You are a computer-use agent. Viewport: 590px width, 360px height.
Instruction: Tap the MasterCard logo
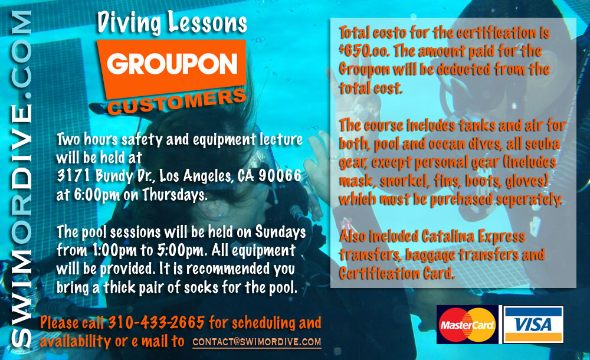coord(467,325)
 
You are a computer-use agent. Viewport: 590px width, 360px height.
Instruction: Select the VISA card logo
coord(533,325)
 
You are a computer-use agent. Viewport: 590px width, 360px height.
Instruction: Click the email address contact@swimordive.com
coord(257,342)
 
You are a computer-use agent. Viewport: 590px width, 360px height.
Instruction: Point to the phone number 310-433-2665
coord(156,322)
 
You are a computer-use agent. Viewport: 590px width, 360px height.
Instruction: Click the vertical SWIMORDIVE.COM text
coord(21,179)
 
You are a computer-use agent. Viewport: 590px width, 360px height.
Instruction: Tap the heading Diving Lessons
coord(172,22)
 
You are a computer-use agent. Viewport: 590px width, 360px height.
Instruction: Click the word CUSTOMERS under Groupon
coord(177,102)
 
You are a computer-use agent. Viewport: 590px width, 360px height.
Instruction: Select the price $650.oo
coord(363,51)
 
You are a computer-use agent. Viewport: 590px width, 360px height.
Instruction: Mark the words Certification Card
coord(396,273)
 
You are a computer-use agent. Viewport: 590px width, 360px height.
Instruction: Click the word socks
coord(201,287)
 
